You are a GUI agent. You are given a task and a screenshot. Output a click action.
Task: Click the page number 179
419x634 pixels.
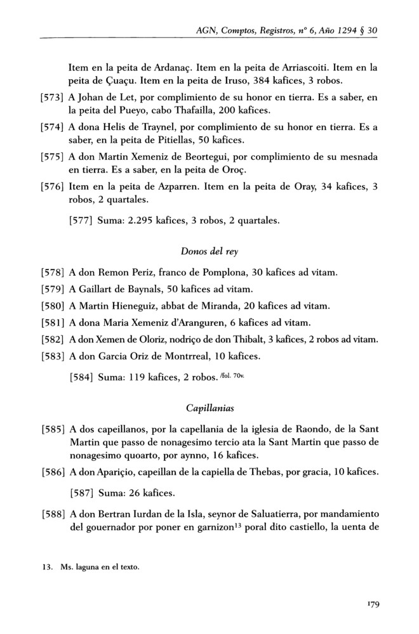tap(371, 605)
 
